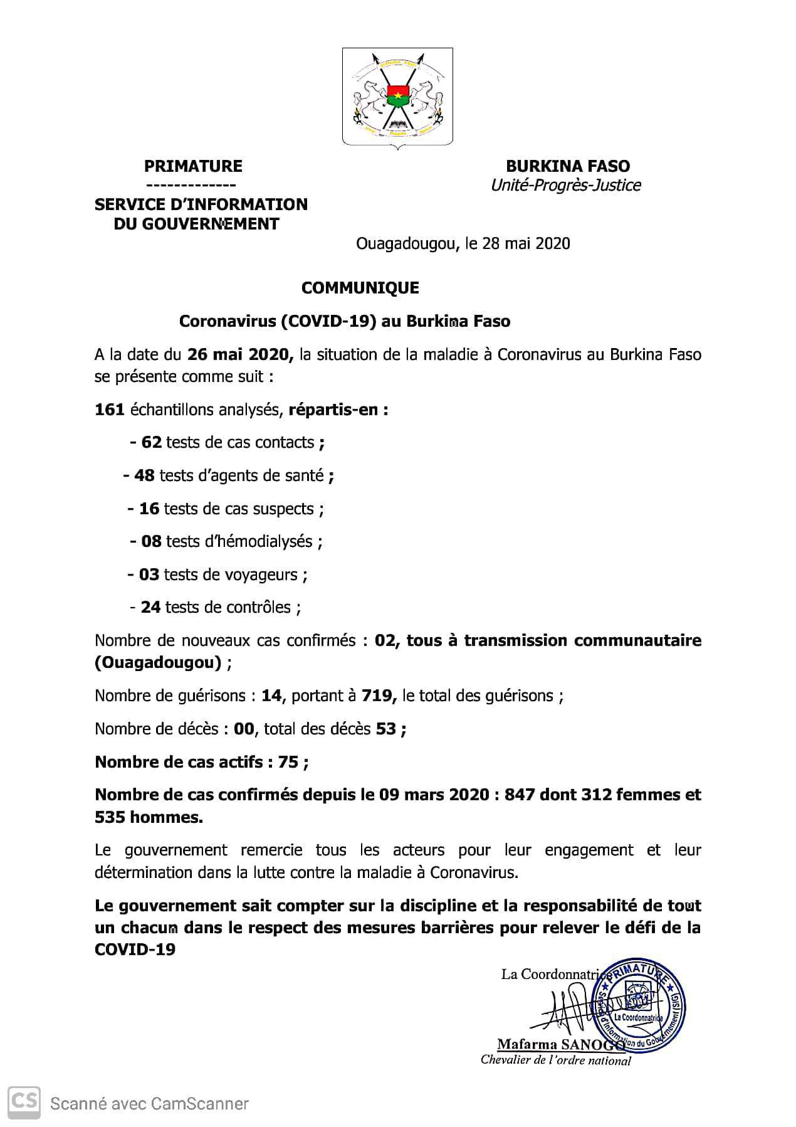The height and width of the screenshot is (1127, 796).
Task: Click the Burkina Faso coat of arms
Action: [x=397, y=97]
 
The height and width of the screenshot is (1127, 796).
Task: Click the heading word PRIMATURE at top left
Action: [x=193, y=166]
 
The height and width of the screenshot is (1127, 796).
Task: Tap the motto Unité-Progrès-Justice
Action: [x=565, y=186]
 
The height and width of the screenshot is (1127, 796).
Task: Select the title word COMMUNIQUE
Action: [x=360, y=288]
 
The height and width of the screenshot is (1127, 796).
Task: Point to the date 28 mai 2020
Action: [x=526, y=243]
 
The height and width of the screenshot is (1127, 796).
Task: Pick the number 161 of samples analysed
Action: [x=109, y=410]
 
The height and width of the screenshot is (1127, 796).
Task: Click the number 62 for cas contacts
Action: [x=152, y=443]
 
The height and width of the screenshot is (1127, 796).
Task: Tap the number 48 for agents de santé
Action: [x=144, y=476]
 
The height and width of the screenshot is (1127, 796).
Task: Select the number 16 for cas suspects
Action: [x=149, y=509]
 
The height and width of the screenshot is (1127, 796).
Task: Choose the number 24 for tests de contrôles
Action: [x=150, y=608]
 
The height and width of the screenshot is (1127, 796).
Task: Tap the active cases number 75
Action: [x=288, y=762]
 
